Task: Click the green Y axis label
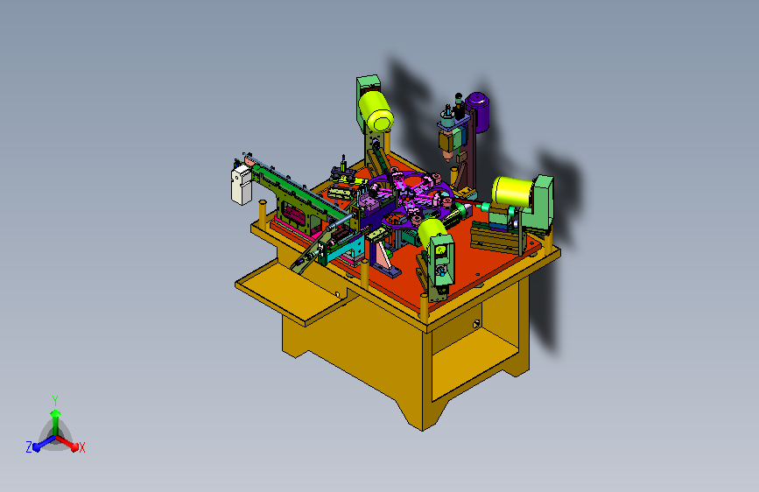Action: coord(55,400)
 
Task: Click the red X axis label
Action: coord(81,447)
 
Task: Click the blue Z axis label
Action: coord(29,447)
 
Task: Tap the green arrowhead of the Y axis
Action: coord(55,413)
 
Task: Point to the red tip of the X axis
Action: coord(74,446)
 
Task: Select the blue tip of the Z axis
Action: coord(36,447)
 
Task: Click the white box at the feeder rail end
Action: coord(241,185)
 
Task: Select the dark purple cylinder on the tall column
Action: coord(478,111)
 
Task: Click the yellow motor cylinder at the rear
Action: coord(376,112)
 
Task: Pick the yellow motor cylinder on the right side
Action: coord(513,191)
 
